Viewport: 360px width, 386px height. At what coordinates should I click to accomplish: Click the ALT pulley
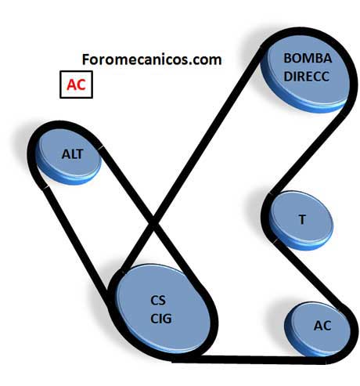coord(68,157)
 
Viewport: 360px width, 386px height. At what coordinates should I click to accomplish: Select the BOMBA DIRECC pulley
coord(306,74)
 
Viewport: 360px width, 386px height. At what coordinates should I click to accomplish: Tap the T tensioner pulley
coord(301,222)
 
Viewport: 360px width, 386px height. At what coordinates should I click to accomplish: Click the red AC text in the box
coord(76,85)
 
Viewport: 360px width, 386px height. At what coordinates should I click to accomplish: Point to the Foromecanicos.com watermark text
coord(152,60)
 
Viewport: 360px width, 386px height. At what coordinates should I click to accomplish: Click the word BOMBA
coord(308,58)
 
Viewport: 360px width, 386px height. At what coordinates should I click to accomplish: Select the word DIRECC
coord(307,77)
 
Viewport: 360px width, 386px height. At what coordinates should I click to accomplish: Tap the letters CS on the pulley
coord(158,301)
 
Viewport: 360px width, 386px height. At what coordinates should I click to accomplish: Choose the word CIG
coord(161,319)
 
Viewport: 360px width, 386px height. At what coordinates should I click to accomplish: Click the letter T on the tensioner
coord(302,220)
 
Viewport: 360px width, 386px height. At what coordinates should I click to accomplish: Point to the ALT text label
coord(72,154)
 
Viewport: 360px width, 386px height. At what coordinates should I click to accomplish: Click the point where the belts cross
coord(153,222)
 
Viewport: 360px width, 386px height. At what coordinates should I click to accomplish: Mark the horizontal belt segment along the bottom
coord(249,359)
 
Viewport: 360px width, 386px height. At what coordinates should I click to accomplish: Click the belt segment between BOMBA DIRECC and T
coord(309,154)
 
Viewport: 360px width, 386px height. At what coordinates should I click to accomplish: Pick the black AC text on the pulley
coord(322,326)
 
